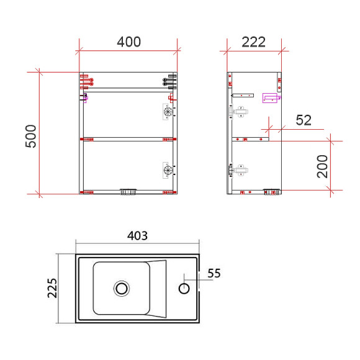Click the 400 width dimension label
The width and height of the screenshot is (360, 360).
[128, 42]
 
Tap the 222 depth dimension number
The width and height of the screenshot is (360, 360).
[254, 42]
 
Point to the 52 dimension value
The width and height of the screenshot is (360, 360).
[304, 120]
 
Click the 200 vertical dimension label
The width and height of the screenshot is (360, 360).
[323, 166]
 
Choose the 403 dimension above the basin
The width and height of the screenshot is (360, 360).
[137, 236]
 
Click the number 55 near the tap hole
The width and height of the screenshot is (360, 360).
[214, 273]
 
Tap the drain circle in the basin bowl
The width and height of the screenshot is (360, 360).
[122, 288]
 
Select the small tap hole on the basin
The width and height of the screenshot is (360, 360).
[184, 288]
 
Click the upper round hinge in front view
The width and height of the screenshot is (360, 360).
[166, 112]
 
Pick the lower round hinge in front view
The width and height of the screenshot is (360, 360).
[166, 168]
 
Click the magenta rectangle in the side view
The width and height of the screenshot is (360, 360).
[270, 97]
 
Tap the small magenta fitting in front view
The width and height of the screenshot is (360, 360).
[84, 96]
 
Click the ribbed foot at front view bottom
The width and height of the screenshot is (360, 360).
[128, 192]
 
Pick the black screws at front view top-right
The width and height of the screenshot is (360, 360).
[169, 82]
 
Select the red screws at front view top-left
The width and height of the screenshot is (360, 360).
[86, 81]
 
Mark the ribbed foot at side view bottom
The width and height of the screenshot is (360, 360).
[271, 192]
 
